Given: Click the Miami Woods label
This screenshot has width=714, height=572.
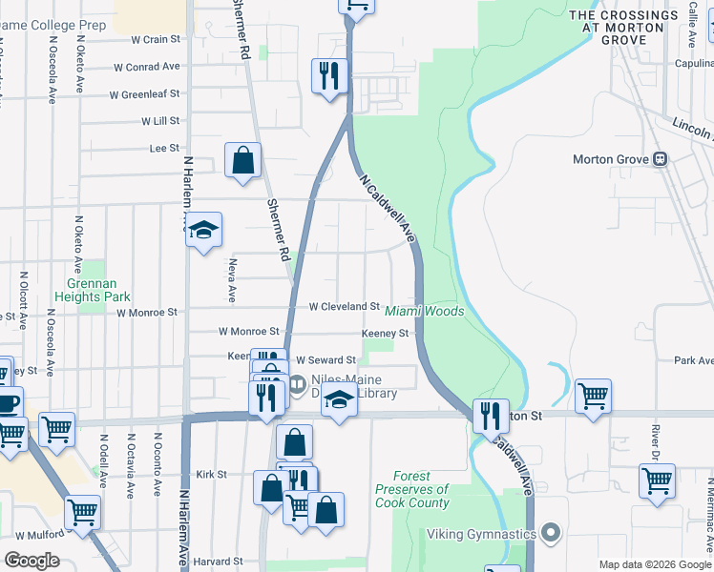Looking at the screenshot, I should click(x=424, y=312).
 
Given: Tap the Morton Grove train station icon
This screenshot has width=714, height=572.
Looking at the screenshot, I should click(x=659, y=159).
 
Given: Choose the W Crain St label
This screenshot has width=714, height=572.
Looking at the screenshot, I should click(x=156, y=39).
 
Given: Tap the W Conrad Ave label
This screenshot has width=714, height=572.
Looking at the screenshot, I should click(x=146, y=67).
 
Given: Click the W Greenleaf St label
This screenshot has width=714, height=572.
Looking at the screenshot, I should click(x=144, y=94).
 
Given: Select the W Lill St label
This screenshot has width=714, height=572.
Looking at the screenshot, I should click(x=159, y=121).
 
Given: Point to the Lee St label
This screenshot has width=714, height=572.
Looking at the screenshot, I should click(x=164, y=148).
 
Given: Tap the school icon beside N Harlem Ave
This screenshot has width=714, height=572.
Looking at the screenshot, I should click(x=203, y=230).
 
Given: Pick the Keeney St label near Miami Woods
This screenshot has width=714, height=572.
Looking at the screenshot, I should click(x=385, y=334).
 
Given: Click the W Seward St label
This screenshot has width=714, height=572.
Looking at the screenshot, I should click(x=325, y=360).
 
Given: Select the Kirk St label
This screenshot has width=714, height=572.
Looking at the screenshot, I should click(x=210, y=474).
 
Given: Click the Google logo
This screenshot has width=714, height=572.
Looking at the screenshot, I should click(x=31, y=561).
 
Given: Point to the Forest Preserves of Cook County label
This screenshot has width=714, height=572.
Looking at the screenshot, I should click(x=411, y=489).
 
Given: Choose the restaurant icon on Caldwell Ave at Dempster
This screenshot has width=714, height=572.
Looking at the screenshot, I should click(x=491, y=416).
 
